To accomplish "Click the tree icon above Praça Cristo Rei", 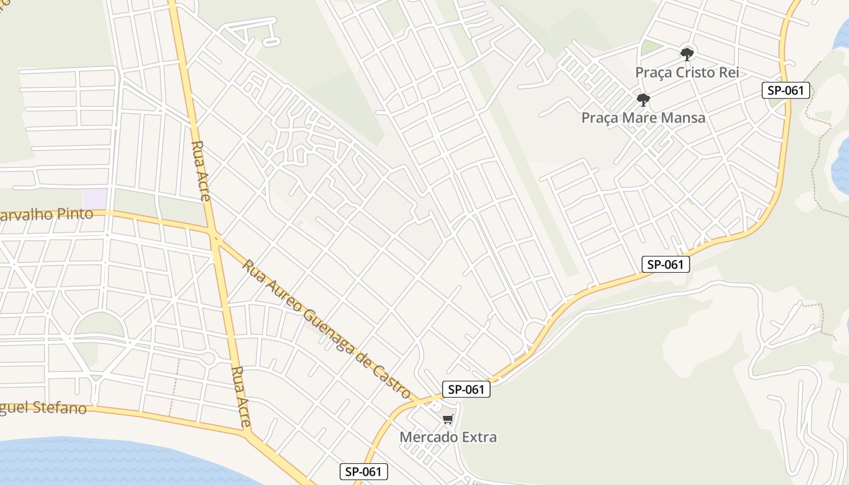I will click(x=686, y=55).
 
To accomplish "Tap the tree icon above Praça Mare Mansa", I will click(x=643, y=99).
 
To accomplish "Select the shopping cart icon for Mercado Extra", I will click(x=448, y=420).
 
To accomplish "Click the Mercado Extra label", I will click(x=448, y=436).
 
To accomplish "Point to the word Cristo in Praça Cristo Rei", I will click(x=696, y=73).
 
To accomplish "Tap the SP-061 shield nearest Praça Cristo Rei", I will click(x=785, y=90).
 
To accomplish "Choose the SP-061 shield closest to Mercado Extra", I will click(x=466, y=389).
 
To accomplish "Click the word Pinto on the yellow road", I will click(x=75, y=214).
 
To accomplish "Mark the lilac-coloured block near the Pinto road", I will click(x=95, y=198).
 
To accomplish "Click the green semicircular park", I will click(x=99, y=326).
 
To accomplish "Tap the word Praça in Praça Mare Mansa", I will click(x=600, y=118).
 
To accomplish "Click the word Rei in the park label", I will click(x=728, y=73).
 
